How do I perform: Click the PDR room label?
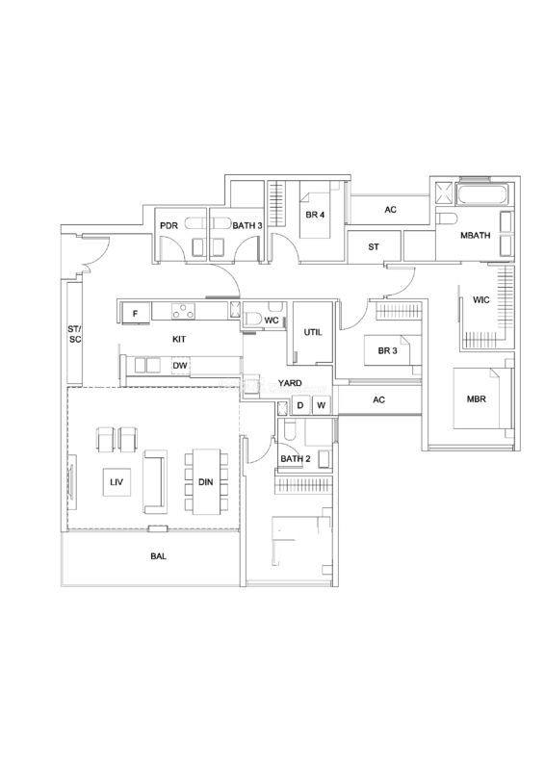pyautogui.click(x=169, y=225)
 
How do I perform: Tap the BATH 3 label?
pyautogui.click(x=247, y=225)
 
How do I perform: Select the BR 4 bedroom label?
pyautogui.click(x=315, y=215)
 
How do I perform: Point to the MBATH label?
pyautogui.click(x=476, y=235)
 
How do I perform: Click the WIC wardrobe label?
pyautogui.click(x=481, y=299)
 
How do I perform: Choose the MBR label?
pyautogui.click(x=477, y=398)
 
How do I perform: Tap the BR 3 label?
pyautogui.click(x=388, y=350)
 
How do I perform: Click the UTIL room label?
pyautogui.click(x=313, y=332)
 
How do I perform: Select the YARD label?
pyautogui.click(x=290, y=383)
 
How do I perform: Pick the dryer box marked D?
pyautogui.click(x=300, y=405)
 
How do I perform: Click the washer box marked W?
pyautogui.click(x=321, y=405)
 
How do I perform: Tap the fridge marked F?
pyautogui.click(x=135, y=314)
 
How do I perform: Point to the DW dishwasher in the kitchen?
pyautogui.click(x=179, y=366)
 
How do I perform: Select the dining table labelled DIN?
pyautogui.click(x=206, y=482)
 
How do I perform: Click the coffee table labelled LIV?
pyautogui.click(x=117, y=482)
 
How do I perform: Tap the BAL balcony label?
pyautogui.click(x=158, y=556)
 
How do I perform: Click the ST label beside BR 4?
pyautogui.click(x=374, y=247)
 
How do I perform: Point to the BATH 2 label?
pyautogui.click(x=296, y=459)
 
